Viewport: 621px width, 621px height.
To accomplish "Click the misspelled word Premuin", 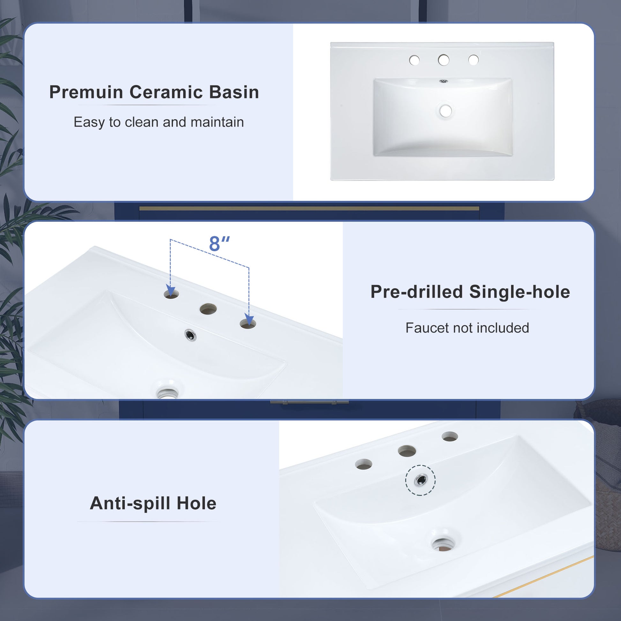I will click(x=86, y=93).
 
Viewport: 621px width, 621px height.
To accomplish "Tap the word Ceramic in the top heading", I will click(x=166, y=93).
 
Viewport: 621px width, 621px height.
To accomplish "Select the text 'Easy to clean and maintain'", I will click(x=159, y=122).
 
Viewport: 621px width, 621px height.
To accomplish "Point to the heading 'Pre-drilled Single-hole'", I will click(x=470, y=292).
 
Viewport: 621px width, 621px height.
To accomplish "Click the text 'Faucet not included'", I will click(x=467, y=328).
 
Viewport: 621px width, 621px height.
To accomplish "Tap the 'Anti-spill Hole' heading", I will click(x=153, y=503).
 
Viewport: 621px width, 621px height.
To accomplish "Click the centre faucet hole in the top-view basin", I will click(x=444, y=60).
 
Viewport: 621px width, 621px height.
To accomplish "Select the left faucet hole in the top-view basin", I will click(x=414, y=60).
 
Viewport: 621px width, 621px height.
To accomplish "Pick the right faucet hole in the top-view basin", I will click(x=474, y=60).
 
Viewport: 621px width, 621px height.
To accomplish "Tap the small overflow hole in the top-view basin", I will click(x=444, y=82).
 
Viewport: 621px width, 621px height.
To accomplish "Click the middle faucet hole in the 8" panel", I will click(x=208, y=309).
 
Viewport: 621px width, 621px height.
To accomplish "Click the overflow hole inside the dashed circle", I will click(x=420, y=480).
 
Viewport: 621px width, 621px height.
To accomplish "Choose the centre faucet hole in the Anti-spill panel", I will click(x=407, y=451).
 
